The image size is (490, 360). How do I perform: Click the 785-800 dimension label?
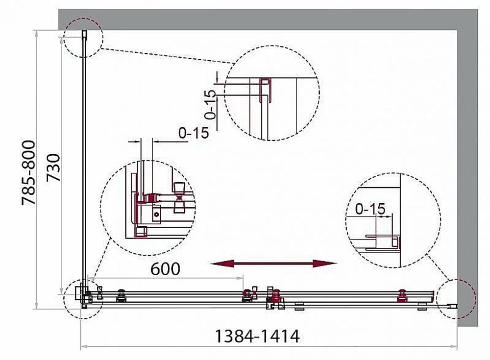click(x=29, y=173)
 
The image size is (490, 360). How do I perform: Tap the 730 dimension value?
click(x=53, y=168)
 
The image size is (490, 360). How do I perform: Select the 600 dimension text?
click(x=165, y=269)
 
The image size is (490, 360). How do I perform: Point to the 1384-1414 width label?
click(x=258, y=336)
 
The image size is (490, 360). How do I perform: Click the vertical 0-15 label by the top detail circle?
click(x=211, y=105)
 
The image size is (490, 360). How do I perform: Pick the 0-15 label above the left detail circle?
click(x=194, y=133)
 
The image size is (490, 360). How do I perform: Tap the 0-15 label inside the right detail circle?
click(x=370, y=209)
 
